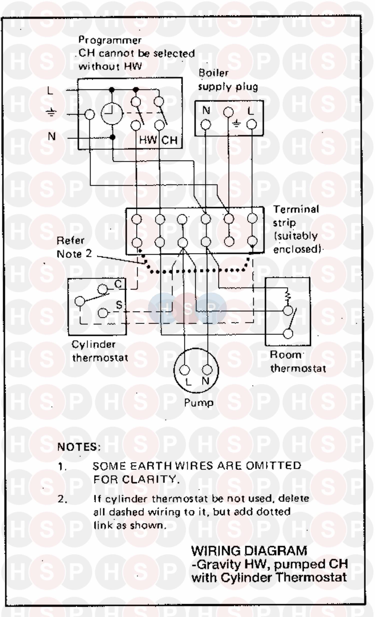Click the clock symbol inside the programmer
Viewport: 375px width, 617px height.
[x=112, y=113]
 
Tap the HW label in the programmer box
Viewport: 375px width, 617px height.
[x=147, y=140]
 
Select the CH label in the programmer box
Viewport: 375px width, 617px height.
[x=169, y=140]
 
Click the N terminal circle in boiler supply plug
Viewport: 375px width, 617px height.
[x=206, y=124]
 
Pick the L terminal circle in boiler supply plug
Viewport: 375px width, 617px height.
[x=251, y=124]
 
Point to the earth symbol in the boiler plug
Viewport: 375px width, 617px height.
[x=237, y=123]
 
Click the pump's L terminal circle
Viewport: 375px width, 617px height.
[x=184, y=370]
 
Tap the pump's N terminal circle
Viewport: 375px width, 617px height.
[x=207, y=370]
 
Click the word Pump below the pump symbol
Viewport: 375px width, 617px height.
[x=199, y=403]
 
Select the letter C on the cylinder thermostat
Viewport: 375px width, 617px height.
[x=118, y=284]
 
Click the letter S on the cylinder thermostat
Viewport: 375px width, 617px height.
[x=119, y=305]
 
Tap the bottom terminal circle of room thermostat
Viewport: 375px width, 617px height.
[x=288, y=334]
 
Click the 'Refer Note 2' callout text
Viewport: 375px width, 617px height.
[x=74, y=247]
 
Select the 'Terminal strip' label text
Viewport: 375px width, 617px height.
[x=296, y=216]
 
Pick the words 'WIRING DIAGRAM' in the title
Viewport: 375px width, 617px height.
[x=249, y=551]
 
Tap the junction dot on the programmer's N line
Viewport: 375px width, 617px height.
[x=112, y=137]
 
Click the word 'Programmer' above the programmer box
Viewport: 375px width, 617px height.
[x=110, y=40]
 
